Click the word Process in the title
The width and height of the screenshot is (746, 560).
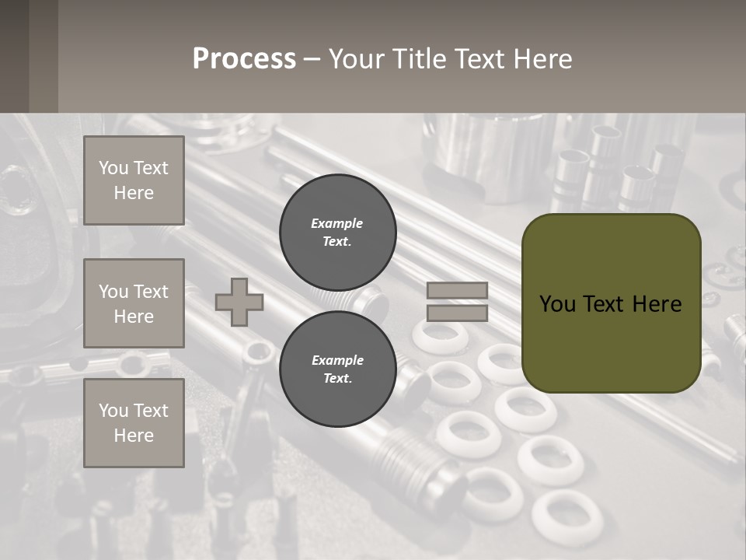pos(244,59)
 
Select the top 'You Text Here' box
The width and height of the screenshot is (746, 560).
pos(134,180)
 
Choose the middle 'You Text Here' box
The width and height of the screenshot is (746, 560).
pos(134,303)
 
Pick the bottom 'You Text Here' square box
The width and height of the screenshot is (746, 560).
pos(134,423)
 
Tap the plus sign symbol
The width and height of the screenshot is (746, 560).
pos(239,302)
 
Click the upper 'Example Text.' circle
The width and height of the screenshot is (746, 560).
pos(337,232)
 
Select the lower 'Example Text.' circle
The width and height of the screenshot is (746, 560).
pos(337,369)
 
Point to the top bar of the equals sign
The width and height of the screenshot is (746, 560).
pos(457,291)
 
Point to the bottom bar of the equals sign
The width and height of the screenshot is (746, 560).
pos(457,313)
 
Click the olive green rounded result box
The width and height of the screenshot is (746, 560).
pos(611,342)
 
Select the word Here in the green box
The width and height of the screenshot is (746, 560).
pos(657,304)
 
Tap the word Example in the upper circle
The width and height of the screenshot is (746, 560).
pos(336,223)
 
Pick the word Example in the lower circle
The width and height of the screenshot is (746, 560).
pos(337,360)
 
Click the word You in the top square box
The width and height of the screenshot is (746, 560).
pos(113,168)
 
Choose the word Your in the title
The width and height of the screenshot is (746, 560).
pos(357,59)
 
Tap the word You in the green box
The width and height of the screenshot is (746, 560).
pos(557,304)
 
